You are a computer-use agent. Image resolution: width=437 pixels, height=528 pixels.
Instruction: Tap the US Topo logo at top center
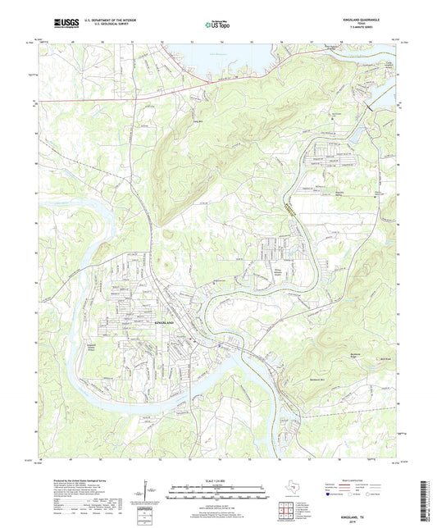(x=216, y=25)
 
